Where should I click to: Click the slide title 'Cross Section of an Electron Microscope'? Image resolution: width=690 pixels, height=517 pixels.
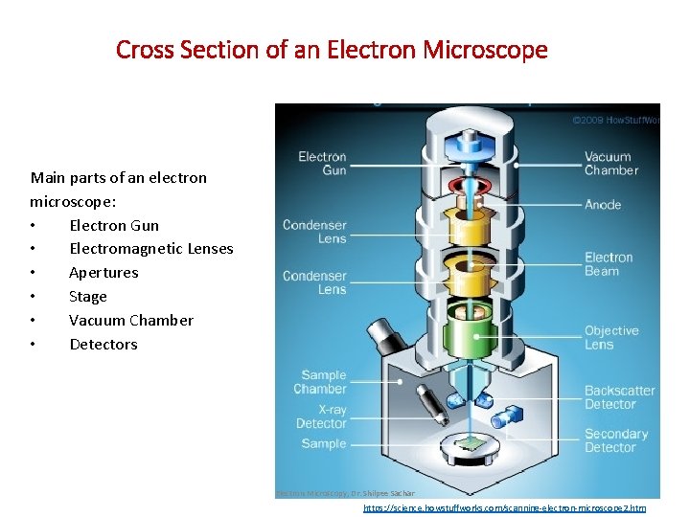click(332, 49)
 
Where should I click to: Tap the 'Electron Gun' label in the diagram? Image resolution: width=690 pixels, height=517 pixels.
click(322, 164)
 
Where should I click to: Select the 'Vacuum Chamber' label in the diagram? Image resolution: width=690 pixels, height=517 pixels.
click(611, 164)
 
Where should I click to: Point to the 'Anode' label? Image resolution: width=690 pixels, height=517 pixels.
click(603, 205)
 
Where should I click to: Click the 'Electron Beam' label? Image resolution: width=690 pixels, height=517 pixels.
click(609, 264)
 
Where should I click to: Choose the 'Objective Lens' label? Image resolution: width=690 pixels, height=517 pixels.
click(611, 338)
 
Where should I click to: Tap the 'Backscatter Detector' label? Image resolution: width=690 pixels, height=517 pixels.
click(620, 397)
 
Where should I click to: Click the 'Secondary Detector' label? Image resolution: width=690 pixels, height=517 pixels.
click(616, 440)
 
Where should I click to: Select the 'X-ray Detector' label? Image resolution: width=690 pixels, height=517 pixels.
click(322, 416)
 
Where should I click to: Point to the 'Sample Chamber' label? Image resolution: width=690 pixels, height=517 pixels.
click(323, 382)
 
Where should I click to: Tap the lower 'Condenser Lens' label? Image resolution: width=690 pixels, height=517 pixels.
click(314, 282)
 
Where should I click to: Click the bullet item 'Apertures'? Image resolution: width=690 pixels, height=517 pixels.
click(103, 273)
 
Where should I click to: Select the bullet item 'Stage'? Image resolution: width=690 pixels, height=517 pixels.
click(88, 297)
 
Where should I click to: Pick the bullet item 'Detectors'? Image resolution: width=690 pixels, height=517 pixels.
click(103, 345)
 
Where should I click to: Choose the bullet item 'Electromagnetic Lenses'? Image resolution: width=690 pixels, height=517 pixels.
click(151, 249)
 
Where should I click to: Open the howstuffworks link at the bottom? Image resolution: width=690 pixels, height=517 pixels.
click(504, 508)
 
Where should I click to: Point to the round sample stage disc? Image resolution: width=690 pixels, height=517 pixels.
click(470, 444)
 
